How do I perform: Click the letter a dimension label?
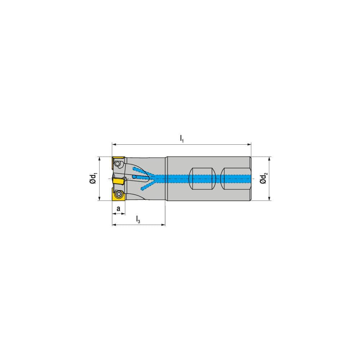tap(118, 208)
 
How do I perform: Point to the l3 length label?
tap(138, 219)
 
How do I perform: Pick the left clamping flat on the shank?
tap(203, 179)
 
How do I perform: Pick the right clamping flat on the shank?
tap(234, 179)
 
